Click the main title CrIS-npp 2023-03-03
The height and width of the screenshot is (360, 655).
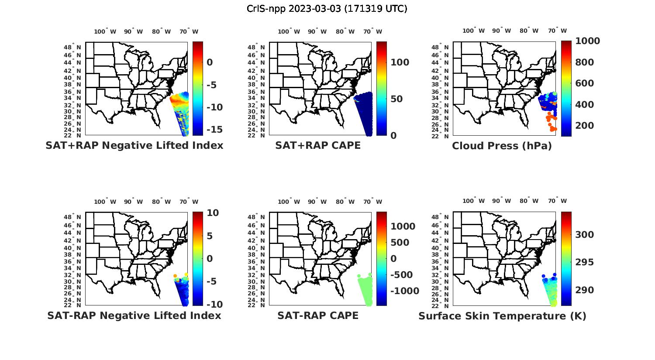pyautogui.click(x=327, y=8)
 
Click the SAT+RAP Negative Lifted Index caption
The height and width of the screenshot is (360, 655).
pyautogui.click(x=134, y=145)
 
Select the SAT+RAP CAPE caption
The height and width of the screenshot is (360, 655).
pyautogui.click(x=318, y=145)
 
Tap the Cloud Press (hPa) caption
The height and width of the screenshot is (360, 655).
pyautogui.click(x=502, y=146)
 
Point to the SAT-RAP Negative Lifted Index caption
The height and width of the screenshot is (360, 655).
pyautogui.click(x=134, y=315)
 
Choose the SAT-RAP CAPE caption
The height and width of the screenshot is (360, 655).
pyautogui.click(x=318, y=315)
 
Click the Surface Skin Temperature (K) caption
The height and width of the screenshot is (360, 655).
pyautogui.click(x=502, y=316)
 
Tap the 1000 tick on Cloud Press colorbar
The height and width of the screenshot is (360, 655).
pyautogui.click(x=587, y=41)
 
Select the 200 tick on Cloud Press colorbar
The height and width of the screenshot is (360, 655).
pyautogui.click(x=585, y=126)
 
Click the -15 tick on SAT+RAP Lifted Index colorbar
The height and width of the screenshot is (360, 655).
pyautogui.click(x=214, y=130)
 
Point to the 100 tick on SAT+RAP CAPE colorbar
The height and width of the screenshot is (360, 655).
pyautogui.click(x=400, y=62)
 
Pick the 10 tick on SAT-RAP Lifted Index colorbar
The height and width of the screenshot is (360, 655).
pyautogui.click(x=213, y=213)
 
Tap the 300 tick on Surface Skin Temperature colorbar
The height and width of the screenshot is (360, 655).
pyautogui.click(x=585, y=235)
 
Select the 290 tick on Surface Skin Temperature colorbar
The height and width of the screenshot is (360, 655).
pyautogui.click(x=585, y=290)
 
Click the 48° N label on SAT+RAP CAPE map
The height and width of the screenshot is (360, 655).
pyautogui.click(x=256, y=47)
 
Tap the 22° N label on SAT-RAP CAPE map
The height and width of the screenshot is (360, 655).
pyautogui.click(x=256, y=305)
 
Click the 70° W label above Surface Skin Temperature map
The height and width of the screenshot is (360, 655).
pyautogui.click(x=558, y=201)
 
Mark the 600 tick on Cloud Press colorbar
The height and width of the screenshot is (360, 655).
pyautogui.click(x=585, y=83)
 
